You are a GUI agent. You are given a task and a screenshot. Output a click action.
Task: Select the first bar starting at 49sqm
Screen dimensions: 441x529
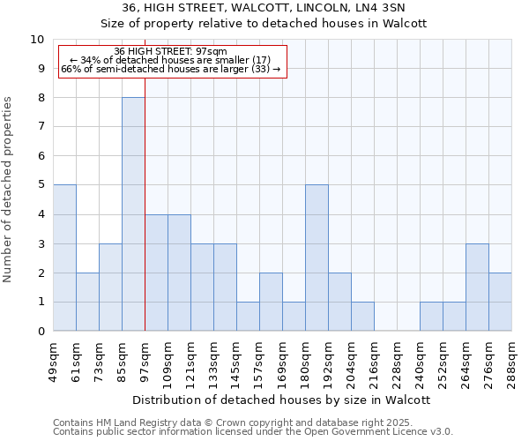64,258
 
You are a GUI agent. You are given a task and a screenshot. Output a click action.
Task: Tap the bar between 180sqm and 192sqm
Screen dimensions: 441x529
317,258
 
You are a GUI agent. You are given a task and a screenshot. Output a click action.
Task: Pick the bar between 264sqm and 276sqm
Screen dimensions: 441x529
477,288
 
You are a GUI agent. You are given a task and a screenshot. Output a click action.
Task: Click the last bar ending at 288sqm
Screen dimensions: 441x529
500,302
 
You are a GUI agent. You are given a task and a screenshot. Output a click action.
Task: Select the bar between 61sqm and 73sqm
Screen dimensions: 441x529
87,302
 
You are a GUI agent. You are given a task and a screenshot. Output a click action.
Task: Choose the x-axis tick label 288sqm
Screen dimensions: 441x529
511,362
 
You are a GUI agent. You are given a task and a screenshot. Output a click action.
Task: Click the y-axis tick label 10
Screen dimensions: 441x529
37,40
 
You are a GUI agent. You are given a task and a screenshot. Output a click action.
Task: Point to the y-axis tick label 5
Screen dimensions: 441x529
41,185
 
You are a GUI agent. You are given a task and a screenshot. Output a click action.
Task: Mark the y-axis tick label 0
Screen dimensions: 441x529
41,332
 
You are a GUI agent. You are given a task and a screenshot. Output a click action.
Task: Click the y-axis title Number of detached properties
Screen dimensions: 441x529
10,190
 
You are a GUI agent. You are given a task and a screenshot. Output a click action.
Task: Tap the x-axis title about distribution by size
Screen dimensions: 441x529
282,400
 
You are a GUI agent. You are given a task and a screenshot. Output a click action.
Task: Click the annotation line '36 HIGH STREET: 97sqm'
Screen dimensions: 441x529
171,51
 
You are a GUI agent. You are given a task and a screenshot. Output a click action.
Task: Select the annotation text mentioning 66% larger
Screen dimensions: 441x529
171,69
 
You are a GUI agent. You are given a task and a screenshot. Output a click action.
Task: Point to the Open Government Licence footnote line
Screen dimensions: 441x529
252,432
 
